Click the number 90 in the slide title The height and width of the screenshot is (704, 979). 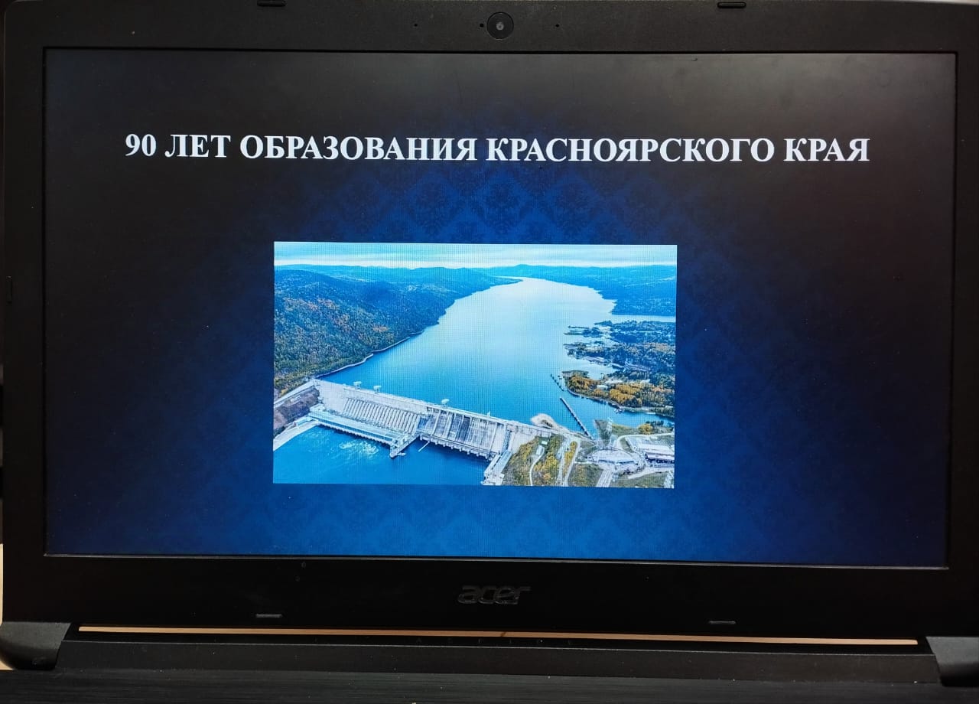(141, 145)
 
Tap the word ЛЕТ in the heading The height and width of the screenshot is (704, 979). (197, 146)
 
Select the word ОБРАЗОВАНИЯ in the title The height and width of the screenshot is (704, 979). (358, 148)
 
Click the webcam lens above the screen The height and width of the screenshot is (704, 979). (500, 25)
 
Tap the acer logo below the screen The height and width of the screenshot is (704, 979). (494, 595)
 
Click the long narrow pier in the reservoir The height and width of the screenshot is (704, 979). (576, 416)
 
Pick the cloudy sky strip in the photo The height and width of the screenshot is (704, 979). (475, 255)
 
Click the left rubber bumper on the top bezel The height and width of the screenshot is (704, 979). (271, 4)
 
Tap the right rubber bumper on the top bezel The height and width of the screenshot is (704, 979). (732, 5)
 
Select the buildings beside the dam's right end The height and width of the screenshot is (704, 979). (629, 455)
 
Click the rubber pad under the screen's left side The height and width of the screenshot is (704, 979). (268, 616)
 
